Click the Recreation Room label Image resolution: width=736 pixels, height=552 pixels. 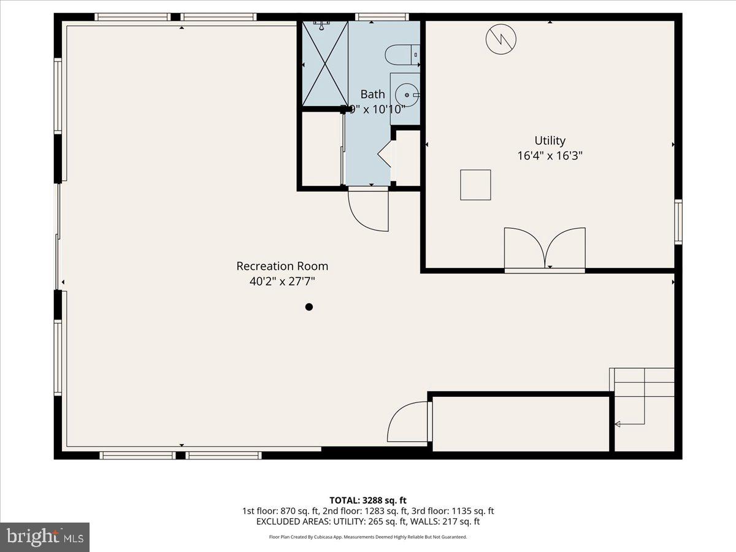pyautogui.click(x=282, y=266)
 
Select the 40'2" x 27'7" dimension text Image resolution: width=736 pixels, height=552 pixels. pyautogui.click(x=282, y=282)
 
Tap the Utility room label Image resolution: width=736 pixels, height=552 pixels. pyautogui.click(x=550, y=140)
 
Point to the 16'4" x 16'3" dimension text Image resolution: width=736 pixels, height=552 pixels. pyautogui.click(x=550, y=156)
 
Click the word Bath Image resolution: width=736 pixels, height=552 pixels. pyautogui.click(x=372, y=94)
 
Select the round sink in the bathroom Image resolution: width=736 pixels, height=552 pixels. pyautogui.click(x=406, y=95)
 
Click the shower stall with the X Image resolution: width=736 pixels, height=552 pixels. pyautogui.click(x=325, y=64)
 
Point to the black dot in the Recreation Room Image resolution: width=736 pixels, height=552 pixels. pyautogui.click(x=309, y=307)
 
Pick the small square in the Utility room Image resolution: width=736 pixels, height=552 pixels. pyautogui.click(x=475, y=185)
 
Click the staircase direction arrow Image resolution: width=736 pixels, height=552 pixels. pyautogui.click(x=618, y=424)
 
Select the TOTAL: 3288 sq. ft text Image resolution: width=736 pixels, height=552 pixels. pyautogui.click(x=367, y=500)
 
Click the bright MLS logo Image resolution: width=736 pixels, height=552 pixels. pyautogui.click(x=45, y=537)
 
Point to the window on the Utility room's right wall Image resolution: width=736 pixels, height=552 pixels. pyautogui.click(x=678, y=221)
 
